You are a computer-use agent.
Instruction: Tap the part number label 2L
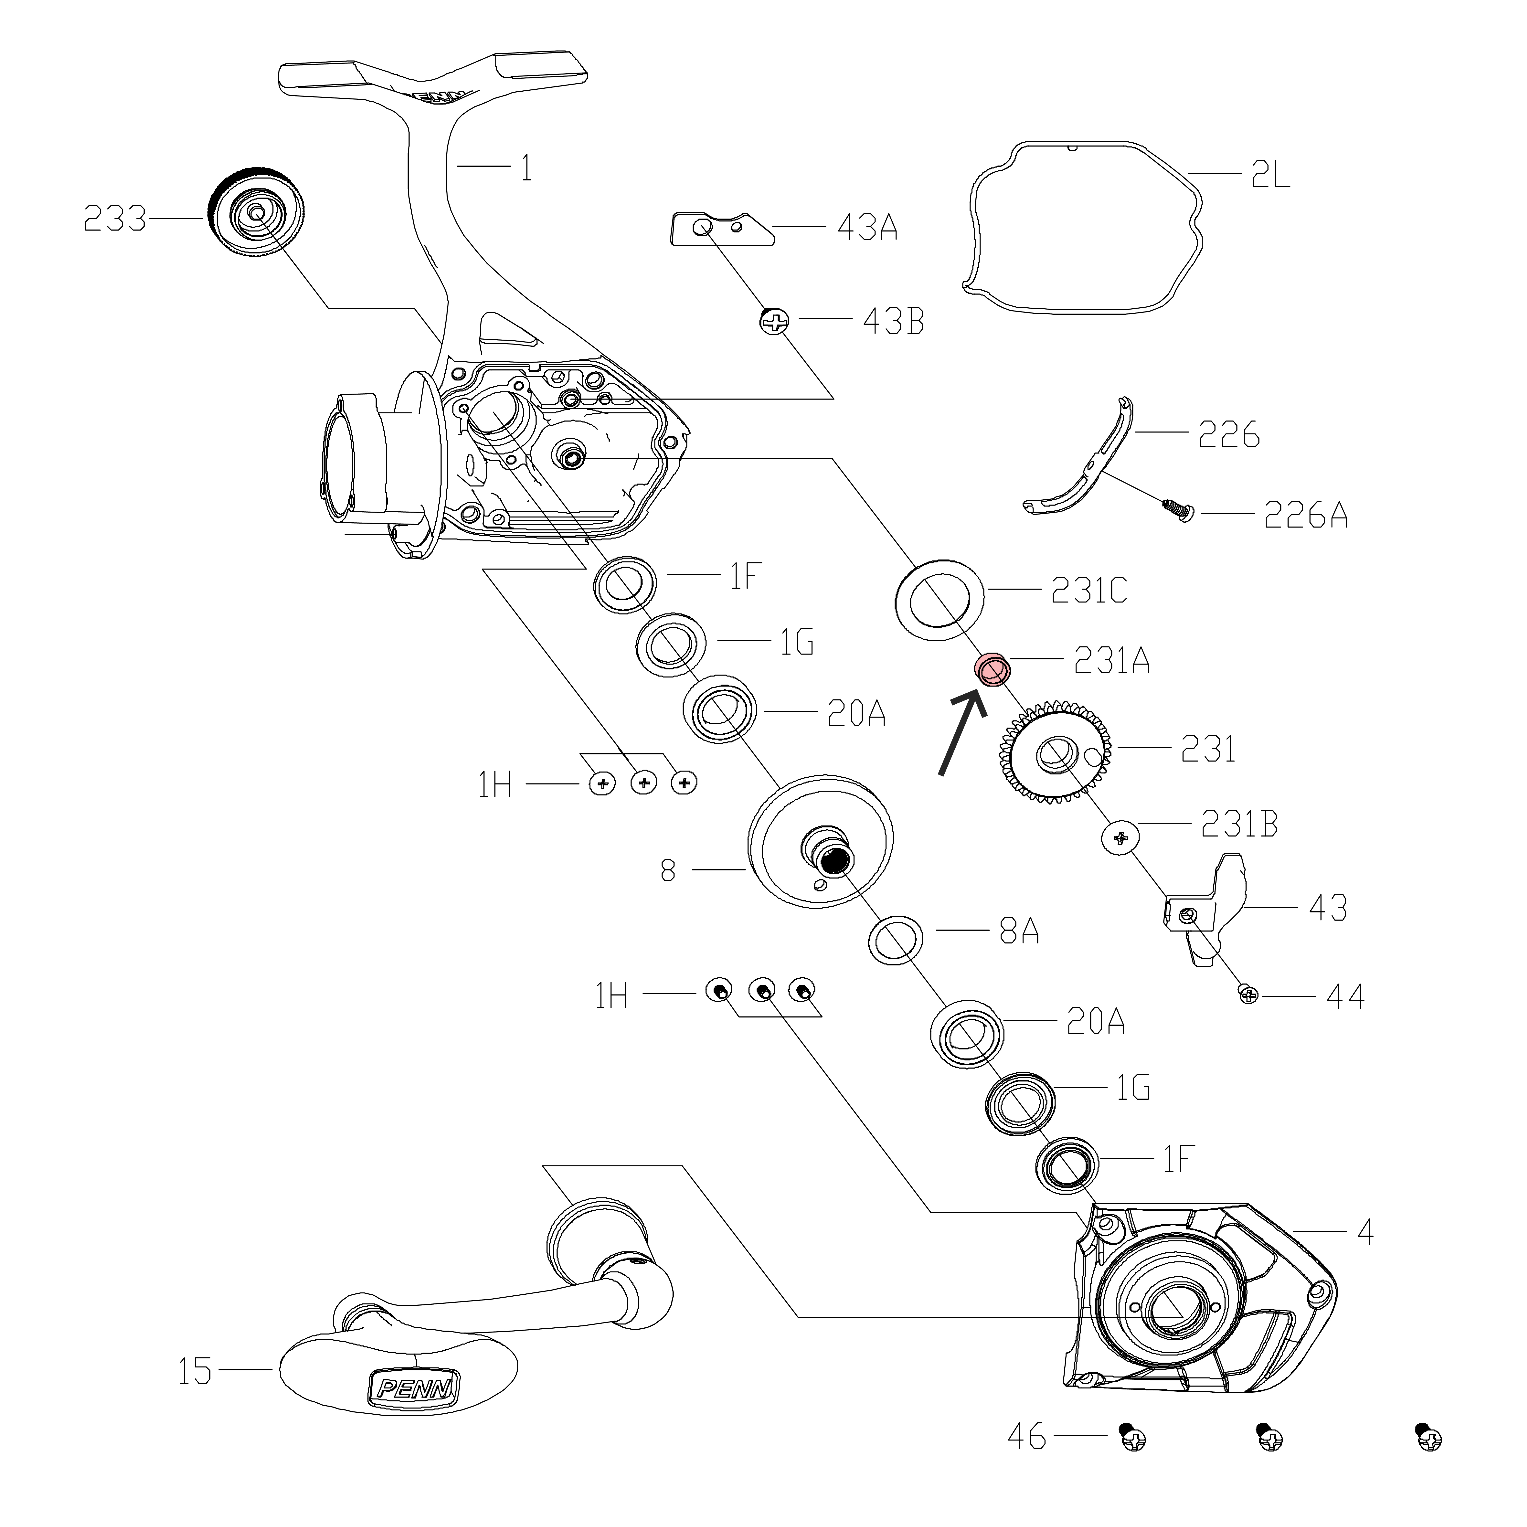[1270, 174]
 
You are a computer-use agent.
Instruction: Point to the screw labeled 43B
[775, 321]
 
